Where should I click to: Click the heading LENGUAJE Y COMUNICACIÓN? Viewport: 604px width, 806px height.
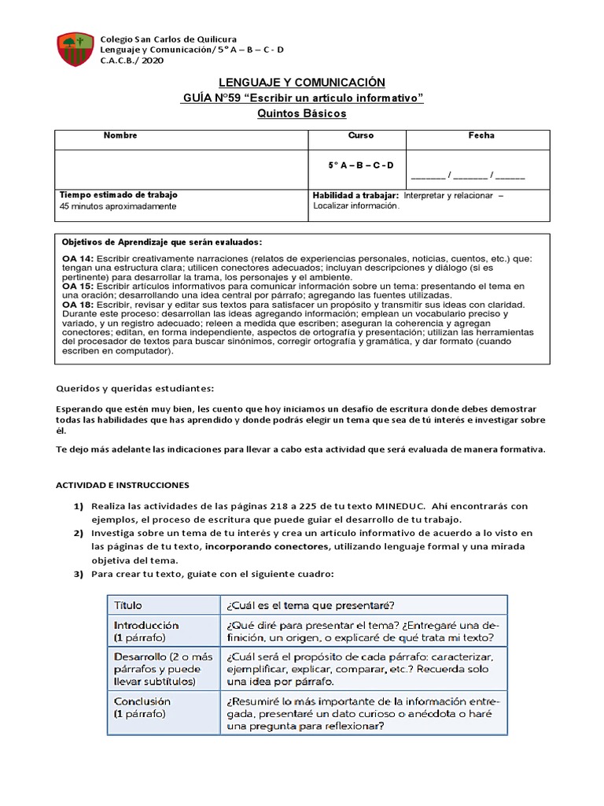coord(302,83)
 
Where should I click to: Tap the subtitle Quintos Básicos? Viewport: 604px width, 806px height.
coord(302,113)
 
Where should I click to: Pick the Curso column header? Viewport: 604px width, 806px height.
coord(360,135)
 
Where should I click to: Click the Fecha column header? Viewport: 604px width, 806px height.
coord(481,135)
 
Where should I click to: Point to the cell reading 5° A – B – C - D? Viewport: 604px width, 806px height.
coord(360,165)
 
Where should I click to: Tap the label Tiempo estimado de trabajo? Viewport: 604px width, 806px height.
coord(119,194)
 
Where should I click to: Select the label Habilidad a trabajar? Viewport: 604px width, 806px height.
coord(355,194)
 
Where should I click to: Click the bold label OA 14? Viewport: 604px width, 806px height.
coord(78,258)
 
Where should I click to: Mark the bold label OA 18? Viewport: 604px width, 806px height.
coord(78,304)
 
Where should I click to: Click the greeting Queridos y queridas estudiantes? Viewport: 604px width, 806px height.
coord(134,388)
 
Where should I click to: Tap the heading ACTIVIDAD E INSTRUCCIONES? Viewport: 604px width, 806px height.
coord(123,485)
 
